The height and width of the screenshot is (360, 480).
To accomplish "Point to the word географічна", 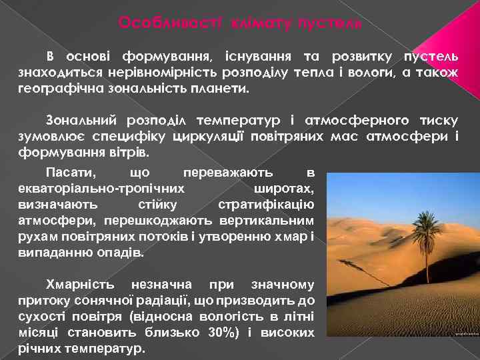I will click(x=53, y=87).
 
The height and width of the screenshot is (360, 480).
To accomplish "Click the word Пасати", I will click(x=70, y=173).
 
